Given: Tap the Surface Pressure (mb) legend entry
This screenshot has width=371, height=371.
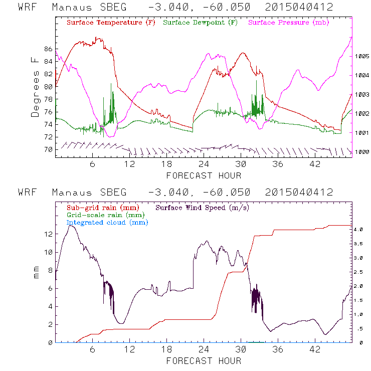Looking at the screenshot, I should pyautogui.click(x=286, y=23).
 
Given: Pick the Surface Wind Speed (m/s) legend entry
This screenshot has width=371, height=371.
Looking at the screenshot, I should pyautogui.click(x=202, y=207).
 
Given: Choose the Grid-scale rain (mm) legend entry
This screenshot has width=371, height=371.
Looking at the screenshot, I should pyautogui.click(x=104, y=215).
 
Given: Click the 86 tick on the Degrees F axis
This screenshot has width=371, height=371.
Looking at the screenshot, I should pyautogui.click(x=48, y=49).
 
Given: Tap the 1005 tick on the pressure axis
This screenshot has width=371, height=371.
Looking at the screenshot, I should pyautogui.click(x=362, y=57).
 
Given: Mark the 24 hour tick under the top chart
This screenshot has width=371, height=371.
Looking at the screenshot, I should pyautogui.click(x=204, y=164).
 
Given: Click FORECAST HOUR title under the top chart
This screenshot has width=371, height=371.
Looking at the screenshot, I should pyautogui.click(x=204, y=175).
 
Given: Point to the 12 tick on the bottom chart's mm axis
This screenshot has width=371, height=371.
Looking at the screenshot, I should pyautogui.click(x=48, y=234).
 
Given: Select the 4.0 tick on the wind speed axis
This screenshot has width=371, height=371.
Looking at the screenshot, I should pyautogui.click(x=359, y=229).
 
